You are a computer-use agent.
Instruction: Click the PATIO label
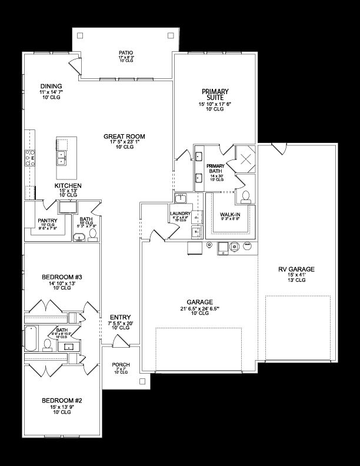point(126,53)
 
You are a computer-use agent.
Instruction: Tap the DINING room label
point(51,86)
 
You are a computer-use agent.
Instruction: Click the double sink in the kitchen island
point(61,157)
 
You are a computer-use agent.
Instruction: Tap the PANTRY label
point(46,221)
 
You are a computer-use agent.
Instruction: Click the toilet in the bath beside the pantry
point(92,235)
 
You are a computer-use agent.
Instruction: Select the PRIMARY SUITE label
point(215,95)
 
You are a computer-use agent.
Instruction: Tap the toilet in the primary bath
point(246,196)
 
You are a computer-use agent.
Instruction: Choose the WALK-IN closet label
point(229,215)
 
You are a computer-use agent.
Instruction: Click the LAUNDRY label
point(179,214)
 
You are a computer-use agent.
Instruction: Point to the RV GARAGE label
point(296,269)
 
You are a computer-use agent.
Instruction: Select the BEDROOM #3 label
point(61,277)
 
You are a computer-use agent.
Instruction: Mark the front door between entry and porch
point(121,341)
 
